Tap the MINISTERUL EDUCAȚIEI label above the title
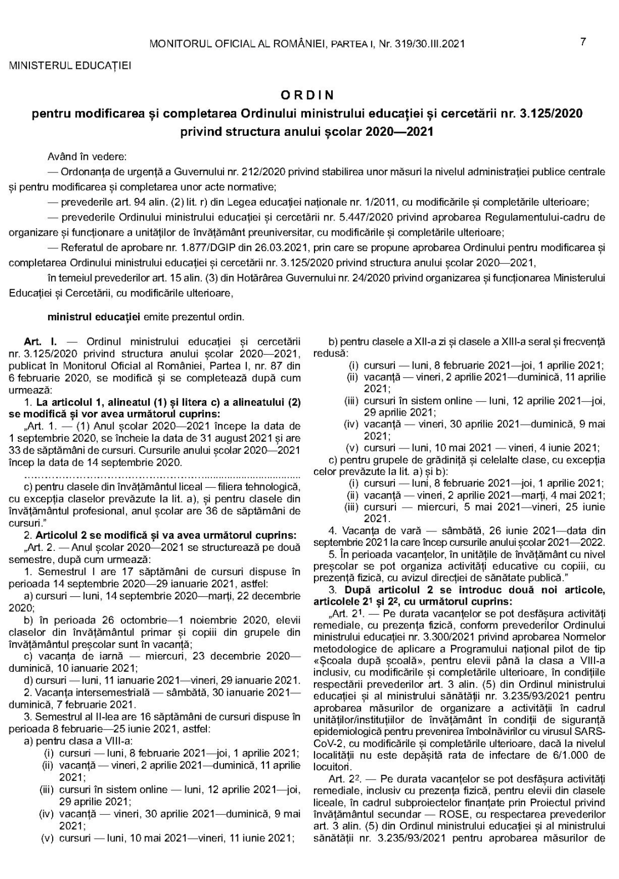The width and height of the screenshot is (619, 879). [x=70, y=65]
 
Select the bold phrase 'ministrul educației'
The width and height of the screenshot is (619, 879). [x=94, y=317]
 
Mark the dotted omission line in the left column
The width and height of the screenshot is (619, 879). [x=163, y=474]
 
